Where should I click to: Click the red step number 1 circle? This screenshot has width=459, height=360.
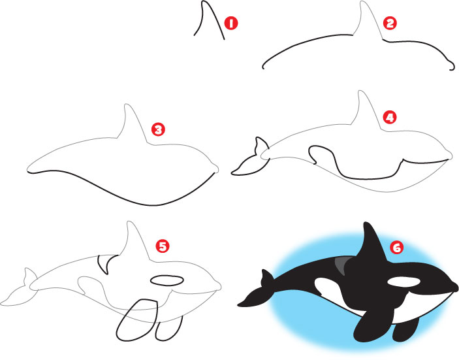pos(229,24)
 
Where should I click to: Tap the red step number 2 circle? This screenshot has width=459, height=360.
pos(390,24)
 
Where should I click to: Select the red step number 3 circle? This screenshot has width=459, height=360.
pos(157,129)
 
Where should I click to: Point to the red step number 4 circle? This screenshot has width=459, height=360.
pos(390,118)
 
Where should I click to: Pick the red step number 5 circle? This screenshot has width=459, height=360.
pos(163,246)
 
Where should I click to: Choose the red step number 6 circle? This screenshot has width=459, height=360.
pos(396,247)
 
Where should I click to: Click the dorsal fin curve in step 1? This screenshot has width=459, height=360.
pos(209,18)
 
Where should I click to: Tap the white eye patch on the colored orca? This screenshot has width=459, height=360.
pos(403,282)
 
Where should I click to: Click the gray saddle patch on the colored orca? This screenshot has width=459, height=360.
pos(342,265)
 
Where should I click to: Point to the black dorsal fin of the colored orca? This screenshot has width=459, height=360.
pos(370,245)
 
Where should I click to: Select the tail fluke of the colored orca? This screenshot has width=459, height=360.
pos(257,291)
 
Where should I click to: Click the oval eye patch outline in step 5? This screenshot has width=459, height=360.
pos(167,280)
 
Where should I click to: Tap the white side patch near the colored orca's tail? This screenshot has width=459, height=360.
pos(324,286)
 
